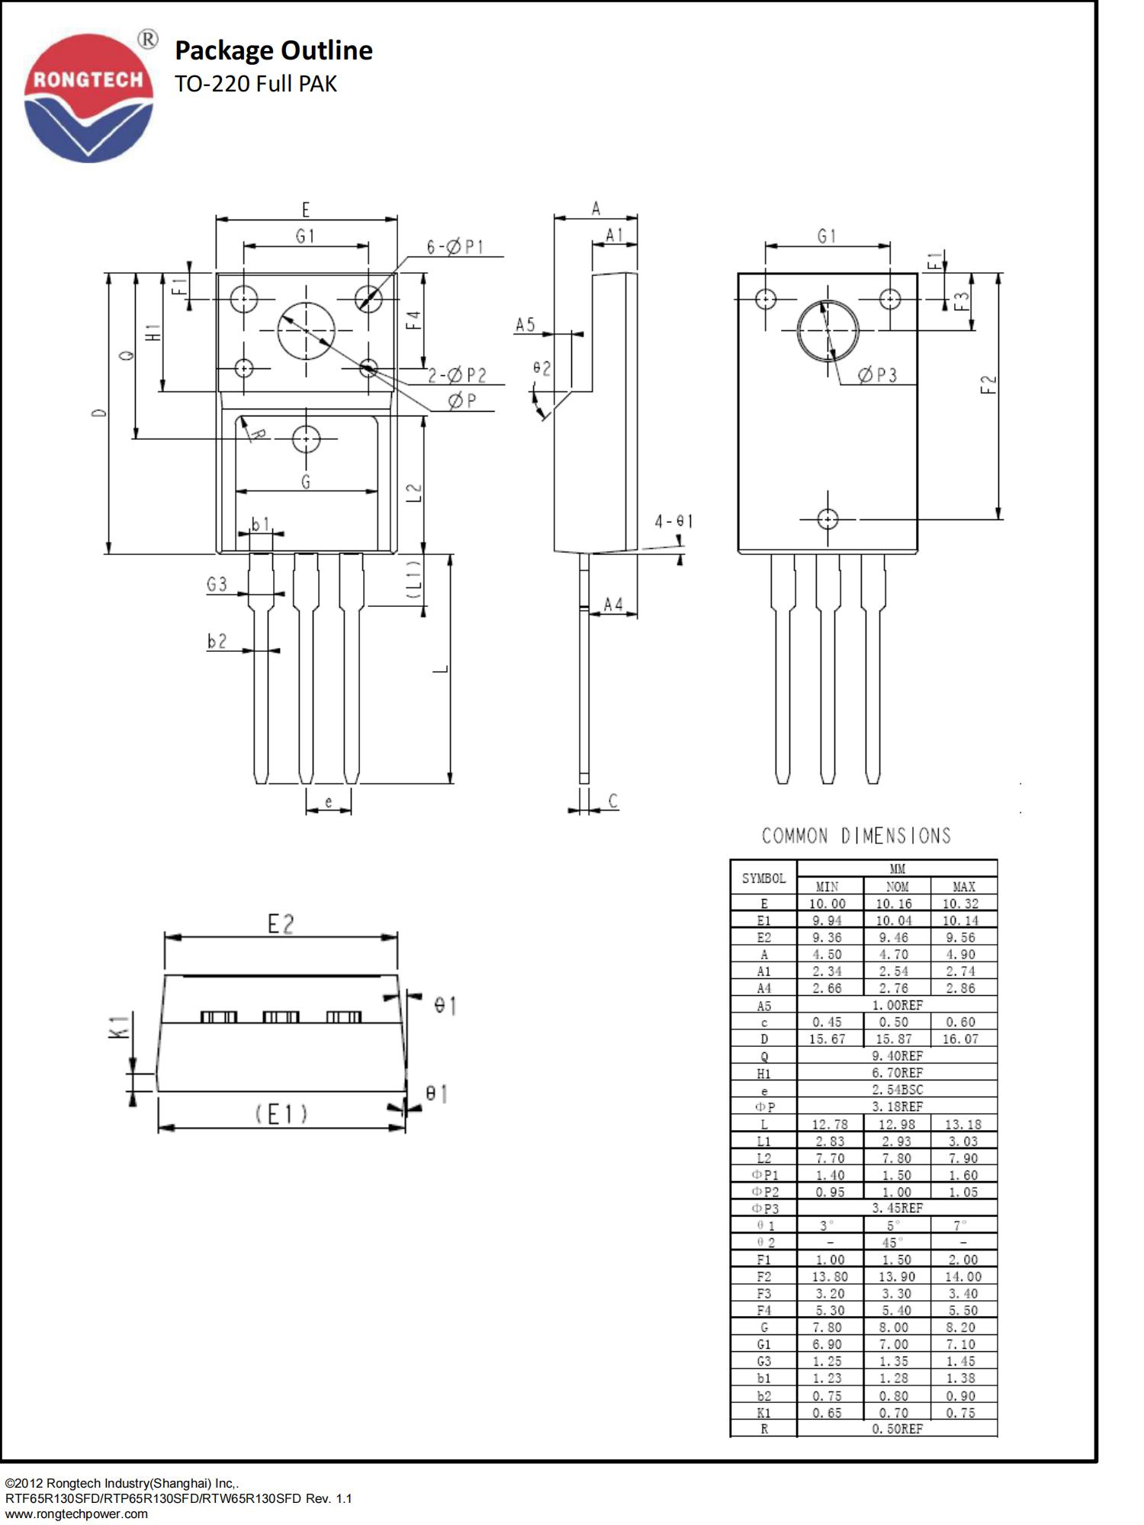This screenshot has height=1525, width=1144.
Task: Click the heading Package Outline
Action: pos(273,50)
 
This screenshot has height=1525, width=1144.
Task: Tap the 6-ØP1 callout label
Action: pos(455,247)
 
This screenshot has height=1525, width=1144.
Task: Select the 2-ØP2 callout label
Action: pos(456,375)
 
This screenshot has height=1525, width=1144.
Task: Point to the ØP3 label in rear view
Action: pos(877,375)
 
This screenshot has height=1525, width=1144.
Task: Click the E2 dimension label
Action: pos(281,924)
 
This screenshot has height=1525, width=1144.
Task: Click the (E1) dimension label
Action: pos(281,1114)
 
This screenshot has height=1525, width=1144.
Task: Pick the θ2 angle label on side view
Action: pos(541,368)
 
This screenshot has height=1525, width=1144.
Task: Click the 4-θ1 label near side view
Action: pos(673,522)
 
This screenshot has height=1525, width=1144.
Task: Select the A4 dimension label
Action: pos(613,605)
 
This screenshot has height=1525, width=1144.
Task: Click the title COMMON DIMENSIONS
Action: pos(856,836)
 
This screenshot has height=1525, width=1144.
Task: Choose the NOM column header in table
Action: pos(897,887)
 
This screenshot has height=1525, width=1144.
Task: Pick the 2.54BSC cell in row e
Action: pos(897,1090)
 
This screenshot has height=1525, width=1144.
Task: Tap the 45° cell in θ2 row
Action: pos(893,1242)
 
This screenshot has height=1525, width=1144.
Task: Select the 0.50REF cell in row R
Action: pos(897,1428)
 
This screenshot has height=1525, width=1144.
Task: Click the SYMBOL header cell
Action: pos(763,878)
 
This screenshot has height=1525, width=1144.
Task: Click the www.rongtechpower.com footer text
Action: pos(76,1514)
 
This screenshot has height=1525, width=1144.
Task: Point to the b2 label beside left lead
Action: pos(217,641)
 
